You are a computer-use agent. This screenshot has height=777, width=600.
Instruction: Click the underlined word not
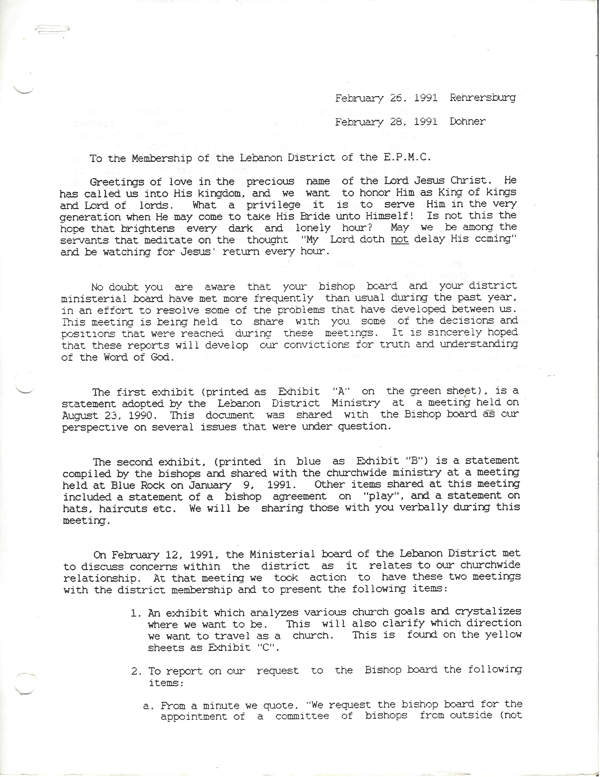click(400, 239)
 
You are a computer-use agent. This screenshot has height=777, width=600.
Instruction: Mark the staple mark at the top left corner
click(53, 31)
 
